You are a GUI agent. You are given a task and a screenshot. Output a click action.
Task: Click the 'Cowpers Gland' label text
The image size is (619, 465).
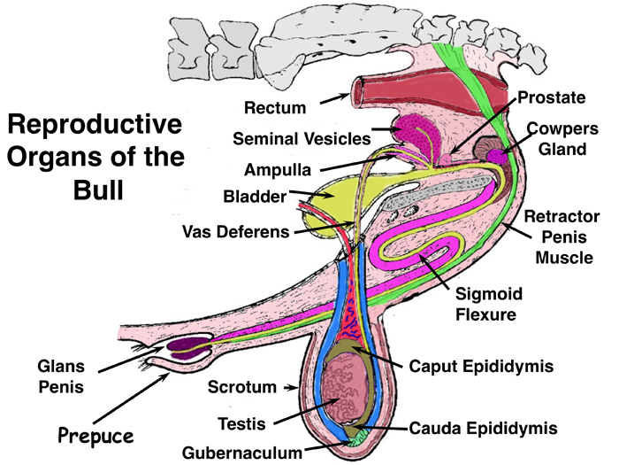[x=559, y=137]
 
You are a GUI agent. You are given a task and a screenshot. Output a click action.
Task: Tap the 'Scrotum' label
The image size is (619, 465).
[x=238, y=386]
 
